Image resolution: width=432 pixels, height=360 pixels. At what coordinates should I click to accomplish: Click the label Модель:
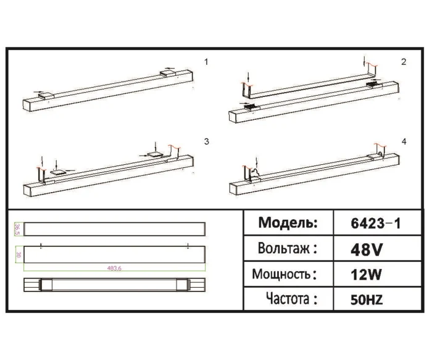(288, 223)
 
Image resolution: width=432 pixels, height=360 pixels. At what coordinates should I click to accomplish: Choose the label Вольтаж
(288, 249)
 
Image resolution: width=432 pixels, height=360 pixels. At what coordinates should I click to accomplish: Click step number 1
(207, 62)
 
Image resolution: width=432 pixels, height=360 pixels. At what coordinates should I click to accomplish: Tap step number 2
(403, 62)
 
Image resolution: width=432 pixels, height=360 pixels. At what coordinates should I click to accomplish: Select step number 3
(207, 141)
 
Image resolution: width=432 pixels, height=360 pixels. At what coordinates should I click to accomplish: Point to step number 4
(404, 141)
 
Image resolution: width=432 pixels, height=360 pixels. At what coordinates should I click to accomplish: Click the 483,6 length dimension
(114, 268)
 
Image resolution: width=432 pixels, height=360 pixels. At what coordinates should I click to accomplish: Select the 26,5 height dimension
(18, 229)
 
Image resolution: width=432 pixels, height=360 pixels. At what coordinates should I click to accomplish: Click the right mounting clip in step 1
(168, 73)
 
